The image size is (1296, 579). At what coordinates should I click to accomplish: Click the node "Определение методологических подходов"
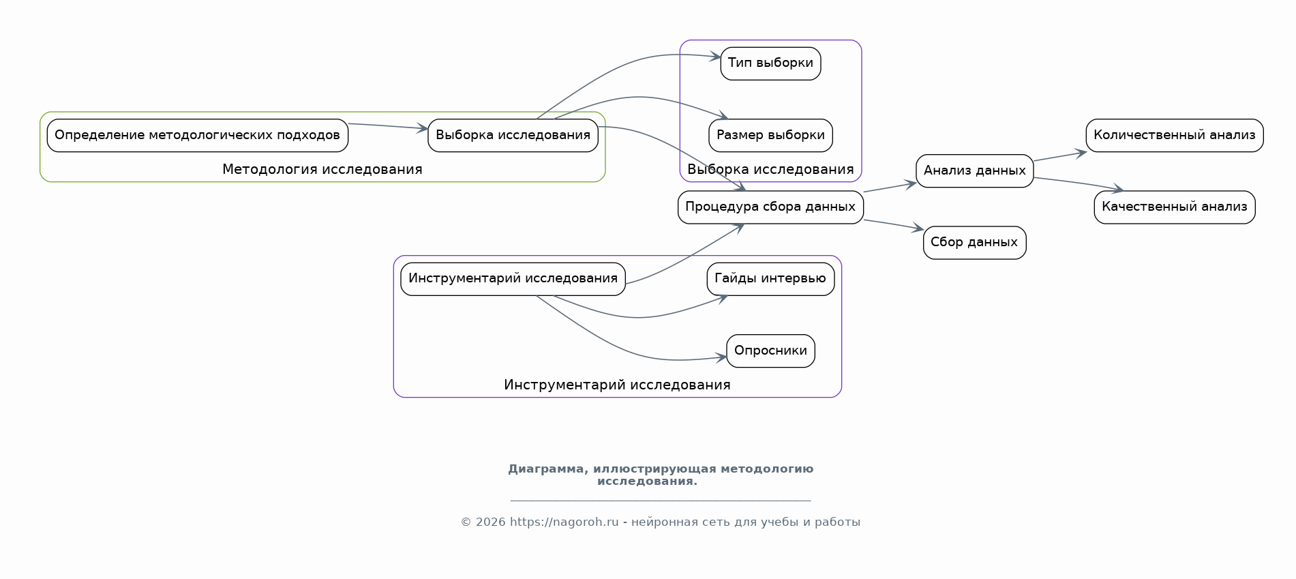pyautogui.click(x=198, y=135)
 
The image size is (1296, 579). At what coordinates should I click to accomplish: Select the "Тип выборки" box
pyautogui.click(x=770, y=63)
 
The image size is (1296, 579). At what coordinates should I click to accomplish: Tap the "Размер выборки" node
pyautogui.click(x=770, y=135)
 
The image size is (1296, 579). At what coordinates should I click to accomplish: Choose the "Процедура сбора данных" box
pyautogui.click(x=770, y=207)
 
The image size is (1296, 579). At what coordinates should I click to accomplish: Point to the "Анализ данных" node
pyautogui.click(x=975, y=170)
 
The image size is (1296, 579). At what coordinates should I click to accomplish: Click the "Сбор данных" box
pyautogui.click(x=975, y=242)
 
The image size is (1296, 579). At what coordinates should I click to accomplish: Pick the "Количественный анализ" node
pyautogui.click(x=1175, y=135)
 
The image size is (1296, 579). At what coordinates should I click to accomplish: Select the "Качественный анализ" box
pyautogui.click(x=1175, y=207)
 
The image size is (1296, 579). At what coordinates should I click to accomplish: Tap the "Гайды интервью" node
pyautogui.click(x=770, y=278)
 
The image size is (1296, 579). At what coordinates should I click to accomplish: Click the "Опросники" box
pyautogui.click(x=770, y=351)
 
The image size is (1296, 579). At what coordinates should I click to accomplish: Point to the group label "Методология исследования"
pyautogui.click(x=322, y=169)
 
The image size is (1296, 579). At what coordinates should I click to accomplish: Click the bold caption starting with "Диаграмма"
pyautogui.click(x=661, y=475)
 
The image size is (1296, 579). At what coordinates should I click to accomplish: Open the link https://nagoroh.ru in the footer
pyautogui.click(x=564, y=522)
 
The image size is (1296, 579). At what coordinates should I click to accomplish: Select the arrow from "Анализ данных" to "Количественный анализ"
pyautogui.click(x=1060, y=156)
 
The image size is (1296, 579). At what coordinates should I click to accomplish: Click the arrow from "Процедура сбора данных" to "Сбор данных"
pyautogui.click(x=894, y=225)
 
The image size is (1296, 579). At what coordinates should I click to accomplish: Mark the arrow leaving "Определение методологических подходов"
pyautogui.click(x=388, y=126)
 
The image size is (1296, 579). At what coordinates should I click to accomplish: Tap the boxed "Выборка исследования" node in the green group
pyautogui.click(x=513, y=135)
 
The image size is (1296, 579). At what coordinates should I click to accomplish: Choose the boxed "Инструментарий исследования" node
pyautogui.click(x=513, y=278)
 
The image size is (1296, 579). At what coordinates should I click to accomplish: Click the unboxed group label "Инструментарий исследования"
pyautogui.click(x=617, y=385)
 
